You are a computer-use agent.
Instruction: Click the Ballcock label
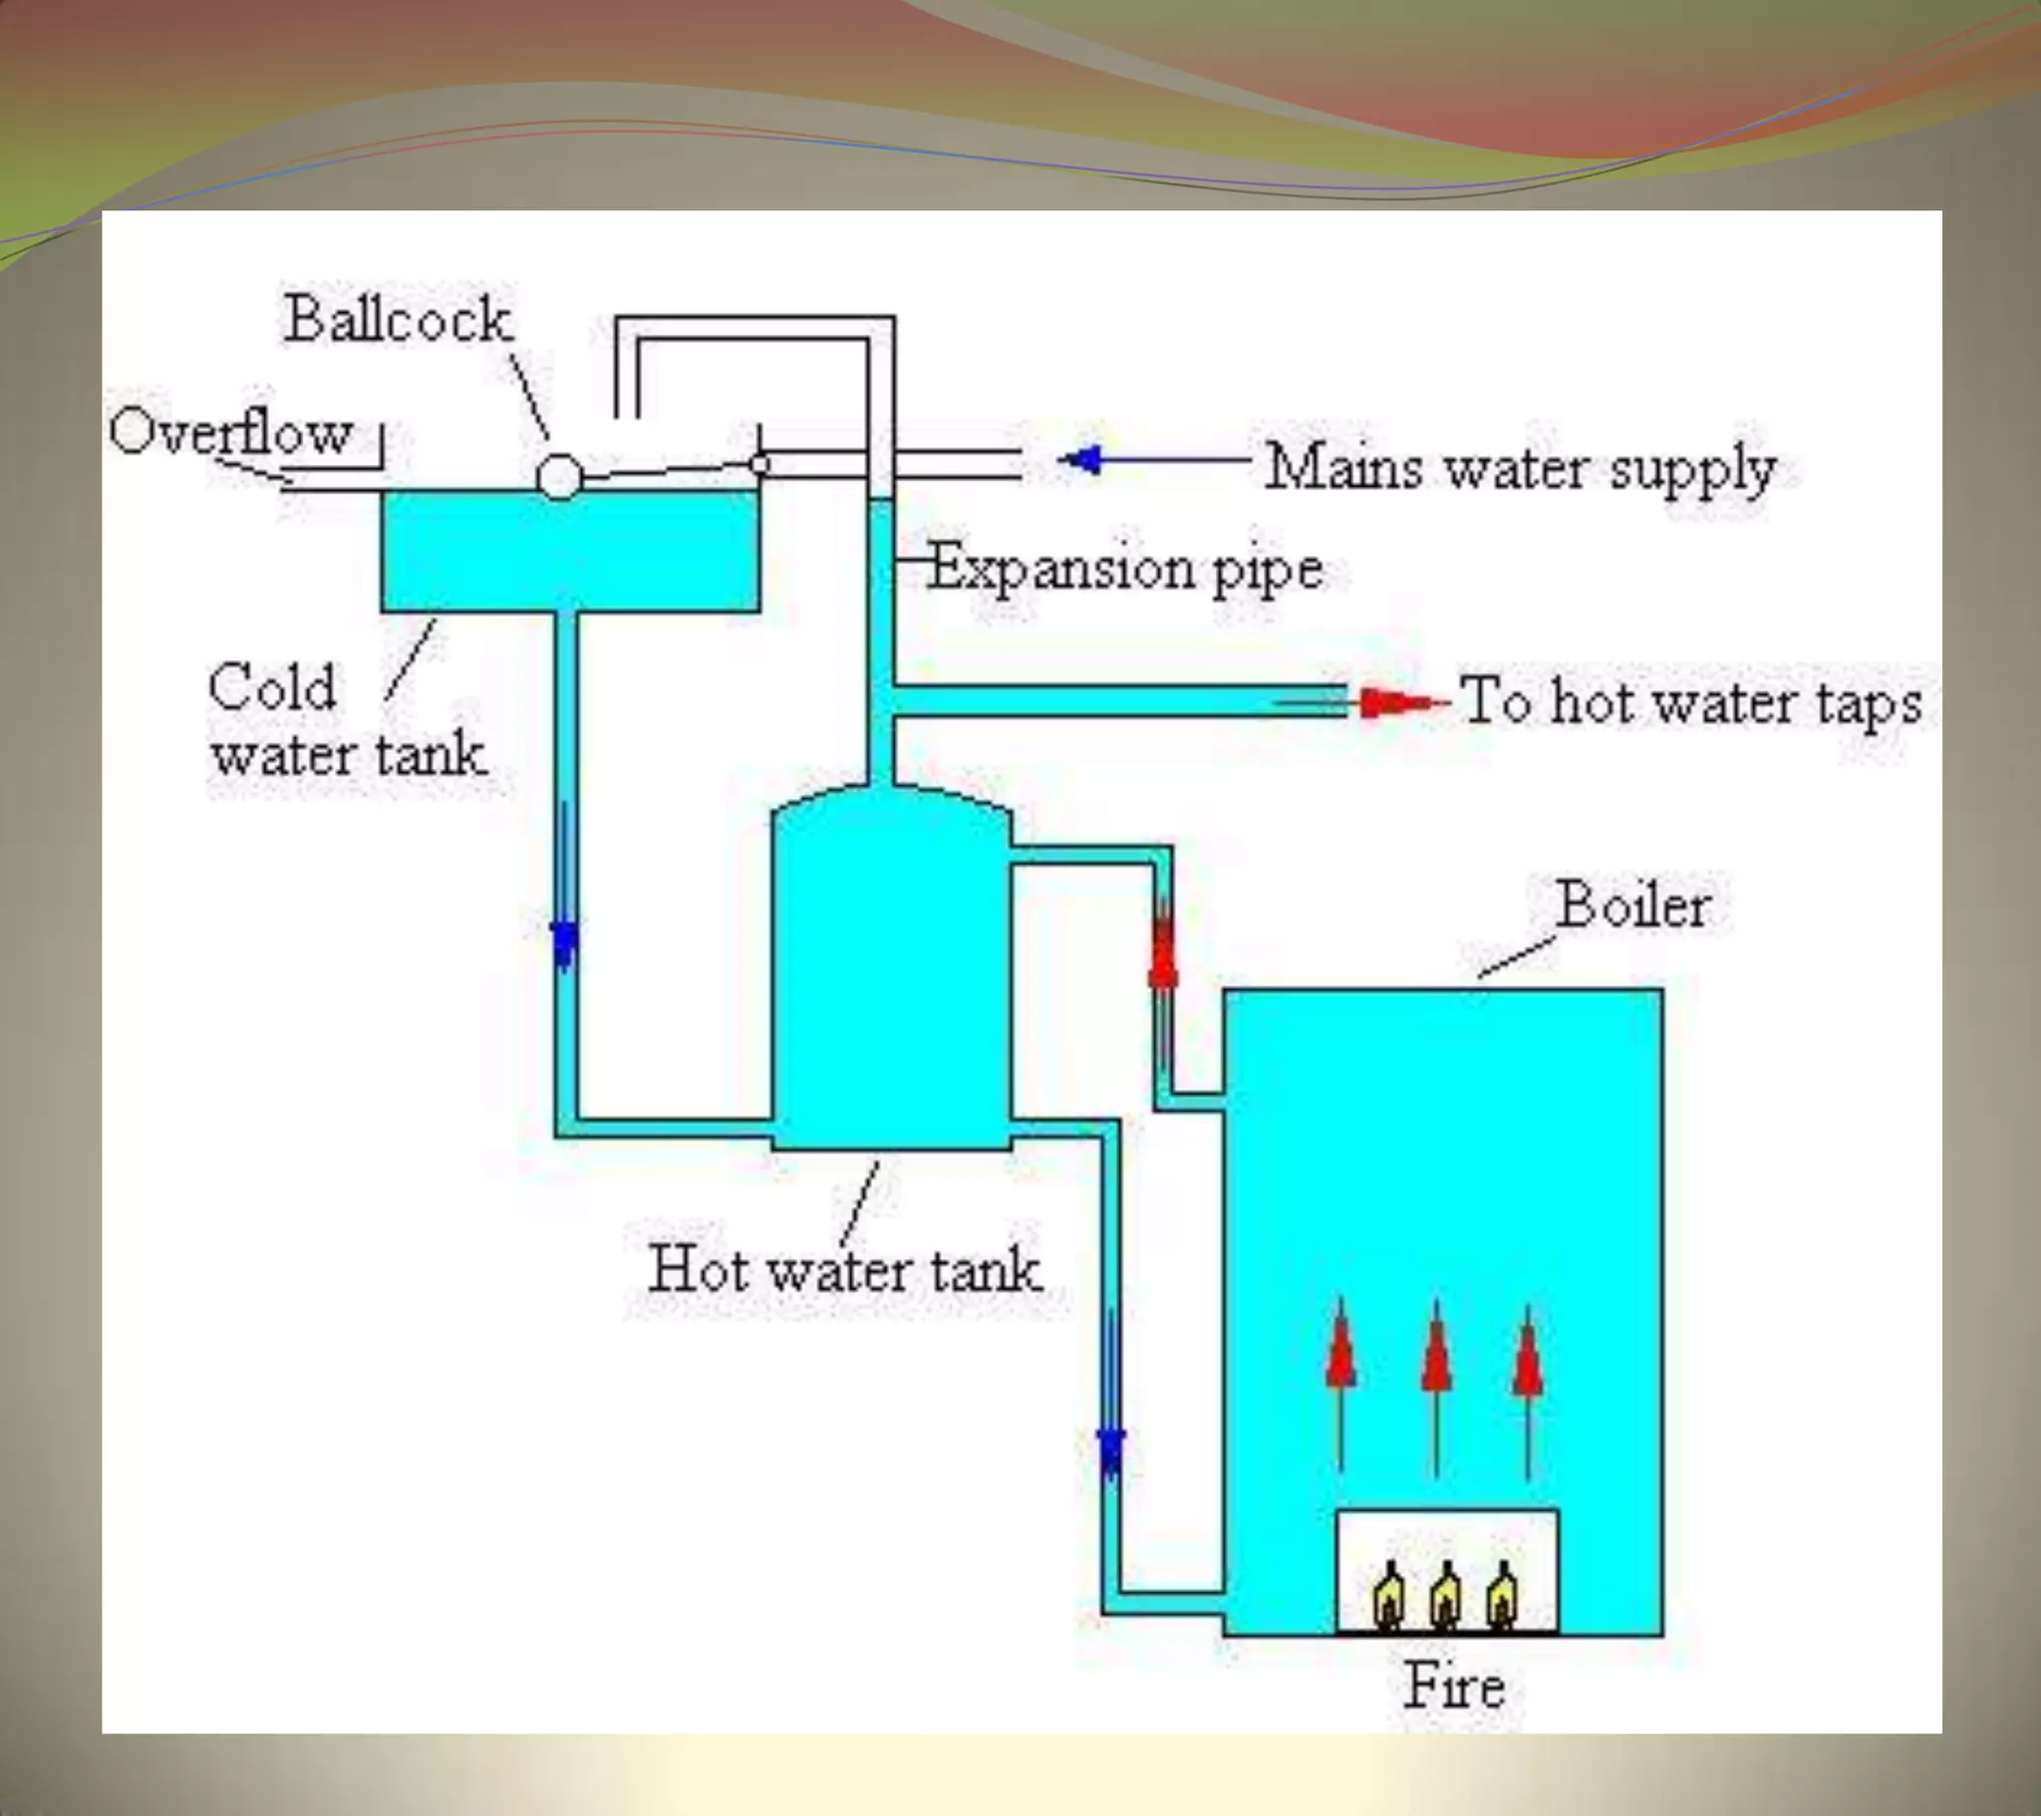(398, 320)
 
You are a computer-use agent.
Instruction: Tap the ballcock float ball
(559, 476)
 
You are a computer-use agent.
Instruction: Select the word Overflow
(230, 433)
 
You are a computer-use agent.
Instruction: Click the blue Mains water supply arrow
(1083, 460)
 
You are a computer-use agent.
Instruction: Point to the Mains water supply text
(1520, 467)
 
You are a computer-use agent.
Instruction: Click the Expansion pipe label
(1125, 568)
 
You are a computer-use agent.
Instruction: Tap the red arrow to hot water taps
(1393, 703)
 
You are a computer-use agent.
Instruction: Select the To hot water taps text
(1689, 701)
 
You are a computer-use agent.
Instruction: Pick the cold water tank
(570, 551)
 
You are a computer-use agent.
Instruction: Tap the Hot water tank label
(845, 1270)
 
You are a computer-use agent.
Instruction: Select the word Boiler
(1633, 906)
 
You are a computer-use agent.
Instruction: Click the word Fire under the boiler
(1454, 1686)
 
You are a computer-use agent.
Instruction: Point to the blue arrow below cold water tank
(565, 938)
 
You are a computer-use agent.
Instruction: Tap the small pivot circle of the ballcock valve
(759, 464)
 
